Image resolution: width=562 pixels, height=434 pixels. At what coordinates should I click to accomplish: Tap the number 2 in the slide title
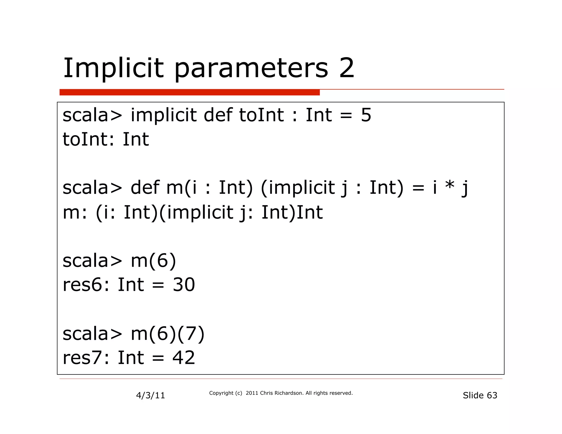click(347, 68)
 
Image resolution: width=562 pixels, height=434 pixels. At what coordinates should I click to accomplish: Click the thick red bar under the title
click(189, 92)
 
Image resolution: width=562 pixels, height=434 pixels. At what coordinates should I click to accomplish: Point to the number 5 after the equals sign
click(366, 115)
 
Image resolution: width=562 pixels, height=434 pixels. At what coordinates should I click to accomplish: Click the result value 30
click(184, 285)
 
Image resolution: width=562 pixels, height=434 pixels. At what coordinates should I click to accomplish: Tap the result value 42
click(184, 358)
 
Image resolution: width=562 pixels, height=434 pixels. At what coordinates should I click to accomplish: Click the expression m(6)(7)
click(167, 334)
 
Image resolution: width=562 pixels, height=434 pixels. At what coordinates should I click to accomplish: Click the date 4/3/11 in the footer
click(150, 395)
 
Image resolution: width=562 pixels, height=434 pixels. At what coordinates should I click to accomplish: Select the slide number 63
click(492, 395)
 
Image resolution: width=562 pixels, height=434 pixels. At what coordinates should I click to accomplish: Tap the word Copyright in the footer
click(221, 393)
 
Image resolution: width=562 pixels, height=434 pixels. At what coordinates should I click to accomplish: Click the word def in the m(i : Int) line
click(145, 188)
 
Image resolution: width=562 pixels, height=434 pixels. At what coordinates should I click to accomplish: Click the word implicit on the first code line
click(164, 115)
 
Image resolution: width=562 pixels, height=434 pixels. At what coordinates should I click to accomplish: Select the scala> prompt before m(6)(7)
click(92, 334)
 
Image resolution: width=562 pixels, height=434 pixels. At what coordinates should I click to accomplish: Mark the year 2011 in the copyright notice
click(252, 393)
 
